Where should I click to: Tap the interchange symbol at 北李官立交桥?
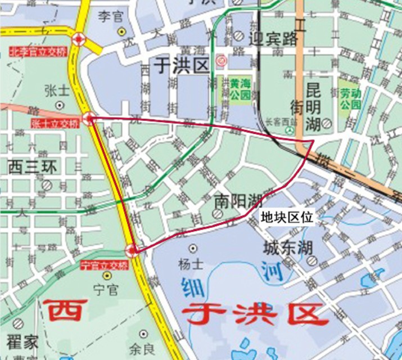(x=78, y=39)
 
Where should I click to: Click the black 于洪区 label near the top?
(x=181, y=66)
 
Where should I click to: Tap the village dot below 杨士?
(x=193, y=248)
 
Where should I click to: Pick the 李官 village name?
(x=110, y=16)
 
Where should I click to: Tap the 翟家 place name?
(x=22, y=341)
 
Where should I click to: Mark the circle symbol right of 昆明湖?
(x=327, y=123)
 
